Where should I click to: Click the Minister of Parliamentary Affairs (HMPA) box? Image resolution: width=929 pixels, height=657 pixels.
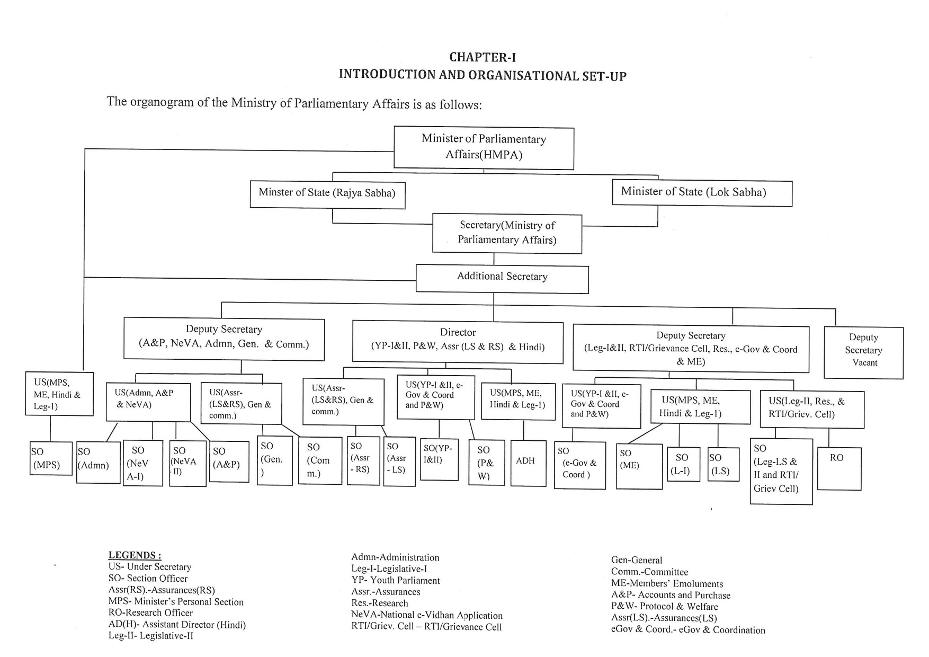(484, 147)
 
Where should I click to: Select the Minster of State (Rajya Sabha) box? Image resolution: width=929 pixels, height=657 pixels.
(327, 194)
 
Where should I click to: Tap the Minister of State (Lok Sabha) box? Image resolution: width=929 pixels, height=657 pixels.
(702, 193)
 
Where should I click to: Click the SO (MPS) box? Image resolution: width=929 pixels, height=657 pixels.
(50, 458)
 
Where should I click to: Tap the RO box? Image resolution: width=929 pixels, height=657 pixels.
(839, 468)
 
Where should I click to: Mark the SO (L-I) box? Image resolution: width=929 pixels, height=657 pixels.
(683, 464)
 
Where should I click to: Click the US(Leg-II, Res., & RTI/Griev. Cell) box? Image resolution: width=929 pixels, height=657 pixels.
(812, 409)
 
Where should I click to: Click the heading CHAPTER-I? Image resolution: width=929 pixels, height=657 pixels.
(483, 57)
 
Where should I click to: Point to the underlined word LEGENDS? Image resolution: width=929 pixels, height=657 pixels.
(135, 555)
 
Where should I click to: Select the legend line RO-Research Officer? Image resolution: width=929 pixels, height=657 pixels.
(150, 613)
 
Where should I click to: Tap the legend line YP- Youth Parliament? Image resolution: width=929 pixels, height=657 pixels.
(396, 580)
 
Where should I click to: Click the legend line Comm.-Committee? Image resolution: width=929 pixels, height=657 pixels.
(649, 572)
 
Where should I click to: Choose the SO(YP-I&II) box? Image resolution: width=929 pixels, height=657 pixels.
(439, 459)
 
